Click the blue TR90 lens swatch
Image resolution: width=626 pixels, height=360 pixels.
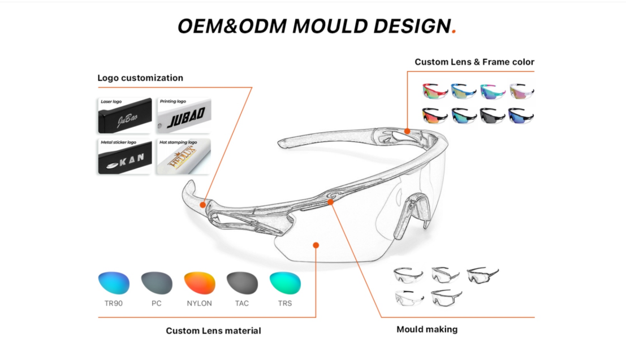click(x=114, y=283)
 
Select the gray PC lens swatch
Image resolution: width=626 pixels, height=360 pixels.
click(x=157, y=283)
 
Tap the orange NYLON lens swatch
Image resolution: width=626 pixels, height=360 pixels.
click(x=200, y=283)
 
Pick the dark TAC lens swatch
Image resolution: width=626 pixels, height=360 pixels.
click(x=242, y=283)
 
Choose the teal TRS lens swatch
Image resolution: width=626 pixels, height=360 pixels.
click(x=285, y=283)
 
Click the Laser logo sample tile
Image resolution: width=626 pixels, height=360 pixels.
click(x=124, y=116)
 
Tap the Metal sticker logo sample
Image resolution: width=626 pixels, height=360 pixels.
click(x=124, y=157)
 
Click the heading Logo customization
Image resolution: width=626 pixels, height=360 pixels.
click(x=140, y=78)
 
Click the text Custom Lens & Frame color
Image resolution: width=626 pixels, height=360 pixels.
click(x=474, y=62)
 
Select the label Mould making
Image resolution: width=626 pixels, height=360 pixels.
click(x=427, y=329)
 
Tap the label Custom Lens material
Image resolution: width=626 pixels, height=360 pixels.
click(x=213, y=331)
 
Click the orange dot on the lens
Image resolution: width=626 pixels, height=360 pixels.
click(x=316, y=245)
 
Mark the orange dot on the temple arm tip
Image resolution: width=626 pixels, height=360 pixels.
click(x=202, y=204)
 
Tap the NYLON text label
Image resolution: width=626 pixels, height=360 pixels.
click(x=200, y=303)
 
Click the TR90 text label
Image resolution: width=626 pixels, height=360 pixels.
click(x=114, y=303)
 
